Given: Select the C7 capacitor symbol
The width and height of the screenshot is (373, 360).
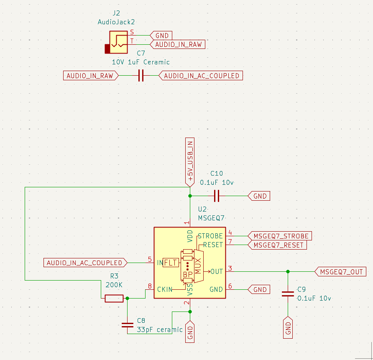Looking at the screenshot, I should pos(141,76).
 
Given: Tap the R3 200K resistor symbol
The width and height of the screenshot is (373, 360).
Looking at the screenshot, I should pos(114,298).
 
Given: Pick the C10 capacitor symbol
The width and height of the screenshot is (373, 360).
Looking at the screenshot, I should pos(217,195).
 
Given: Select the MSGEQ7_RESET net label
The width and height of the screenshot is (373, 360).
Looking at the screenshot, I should pos(278,245).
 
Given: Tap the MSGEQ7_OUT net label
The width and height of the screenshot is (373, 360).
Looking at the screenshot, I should pos(341,272).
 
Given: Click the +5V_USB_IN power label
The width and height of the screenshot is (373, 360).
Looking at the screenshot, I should pos(190,161).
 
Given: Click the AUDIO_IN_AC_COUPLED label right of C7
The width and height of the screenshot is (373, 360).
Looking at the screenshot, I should pos(201,76).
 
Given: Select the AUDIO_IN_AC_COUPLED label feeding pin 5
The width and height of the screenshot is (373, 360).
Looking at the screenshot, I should pos(85,263).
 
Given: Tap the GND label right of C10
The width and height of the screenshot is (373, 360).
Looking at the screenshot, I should pos(259,196).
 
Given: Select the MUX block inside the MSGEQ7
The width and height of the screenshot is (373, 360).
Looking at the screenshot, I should pos(198,264).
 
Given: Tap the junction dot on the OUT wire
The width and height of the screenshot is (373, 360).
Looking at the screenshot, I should pos(288,271).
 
